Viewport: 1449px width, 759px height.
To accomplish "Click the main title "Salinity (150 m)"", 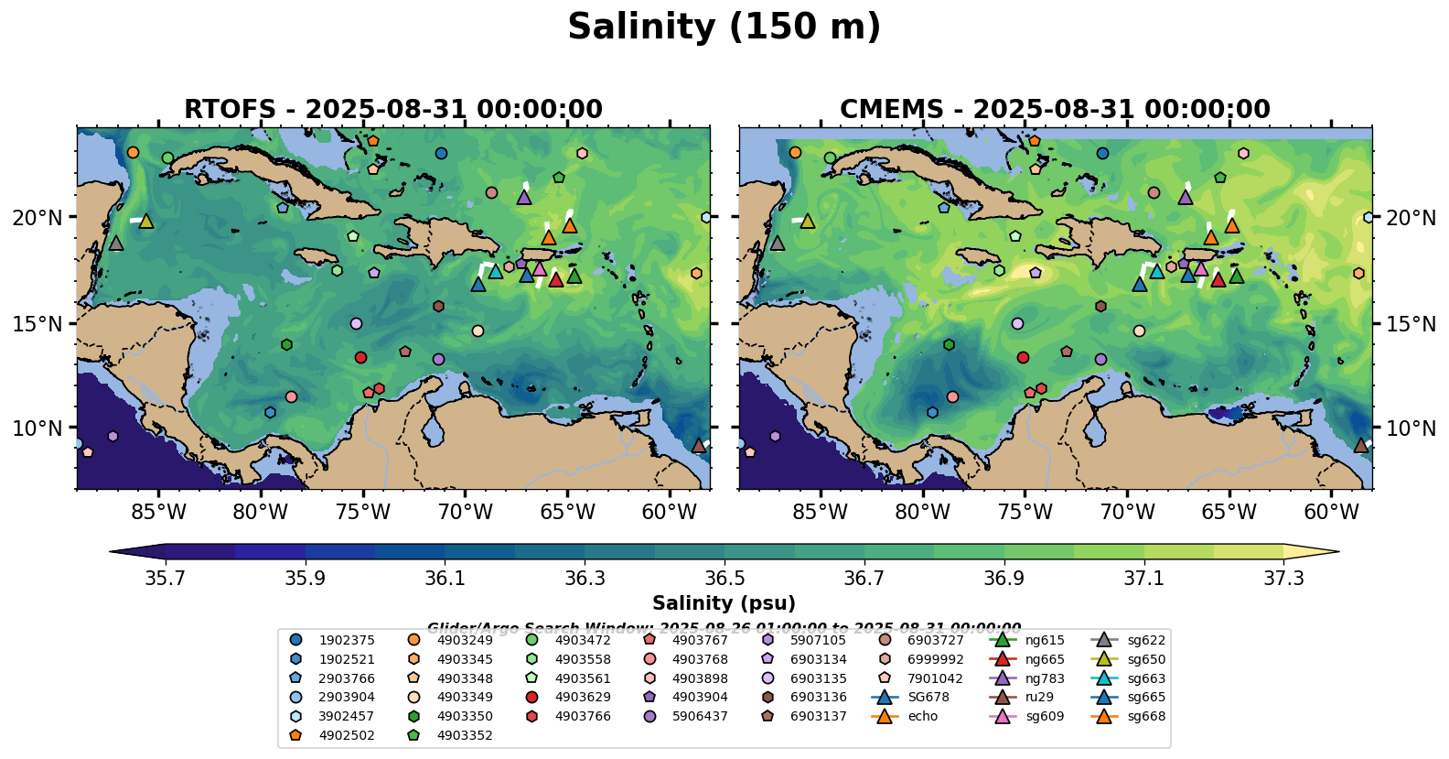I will click(x=724, y=27).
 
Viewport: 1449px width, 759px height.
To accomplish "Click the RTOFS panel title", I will click(x=393, y=110).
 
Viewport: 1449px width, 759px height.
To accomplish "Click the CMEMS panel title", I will click(x=1055, y=110).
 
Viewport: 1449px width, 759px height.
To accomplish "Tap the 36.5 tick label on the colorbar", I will click(x=724, y=579).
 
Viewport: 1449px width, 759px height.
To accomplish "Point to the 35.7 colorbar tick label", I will click(x=166, y=579).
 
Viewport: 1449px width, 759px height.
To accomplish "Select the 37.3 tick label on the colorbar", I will click(x=1283, y=579).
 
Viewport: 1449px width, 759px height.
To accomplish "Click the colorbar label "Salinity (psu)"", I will click(x=724, y=603).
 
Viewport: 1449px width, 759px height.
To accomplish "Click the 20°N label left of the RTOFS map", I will click(x=38, y=218).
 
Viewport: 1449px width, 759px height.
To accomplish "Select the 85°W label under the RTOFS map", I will click(x=158, y=512).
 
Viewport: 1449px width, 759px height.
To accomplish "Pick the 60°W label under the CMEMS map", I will click(x=1331, y=512).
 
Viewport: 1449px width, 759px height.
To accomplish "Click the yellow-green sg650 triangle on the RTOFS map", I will click(x=146, y=221).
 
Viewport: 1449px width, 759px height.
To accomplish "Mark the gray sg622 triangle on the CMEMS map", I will click(x=778, y=243).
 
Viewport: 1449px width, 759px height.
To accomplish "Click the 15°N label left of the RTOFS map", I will click(x=38, y=324).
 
